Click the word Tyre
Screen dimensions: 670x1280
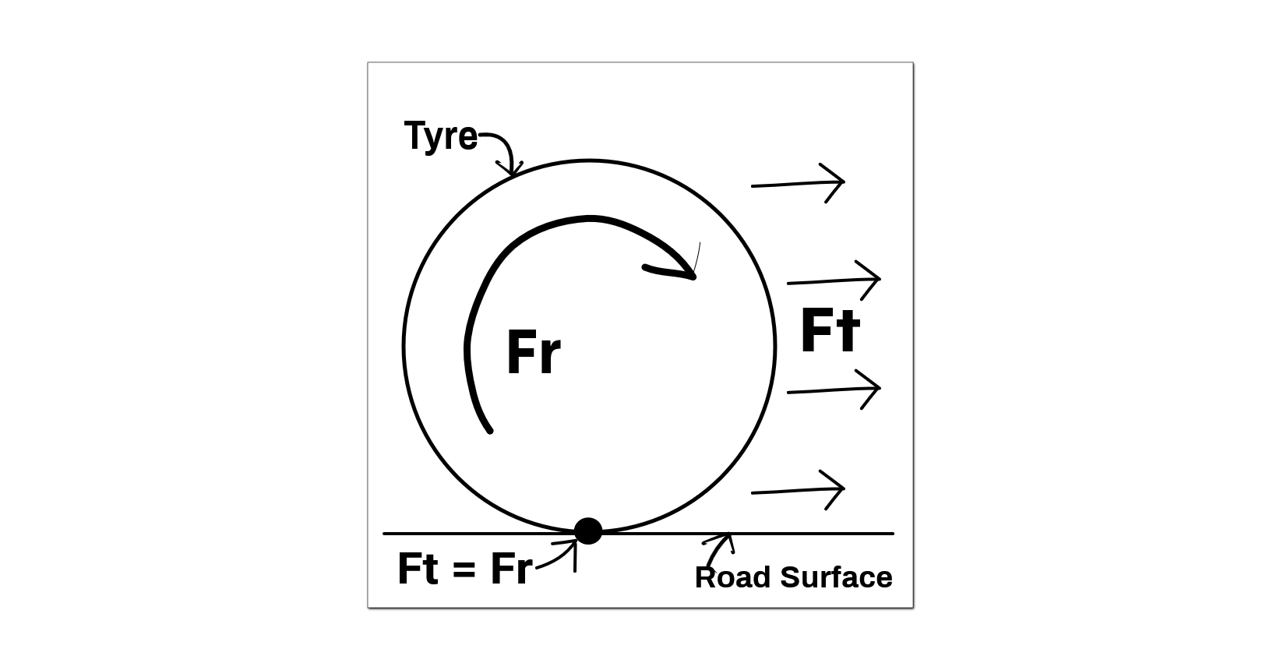click(x=440, y=136)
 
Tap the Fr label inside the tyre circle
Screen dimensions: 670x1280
click(x=533, y=354)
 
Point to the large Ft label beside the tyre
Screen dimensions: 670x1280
click(x=830, y=330)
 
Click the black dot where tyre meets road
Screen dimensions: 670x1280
click(x=588, y=531)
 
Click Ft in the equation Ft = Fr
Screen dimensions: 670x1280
click(x=418, y=569)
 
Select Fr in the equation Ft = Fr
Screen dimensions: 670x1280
click(x=511, y=569)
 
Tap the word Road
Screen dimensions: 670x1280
click(x=733, y=578)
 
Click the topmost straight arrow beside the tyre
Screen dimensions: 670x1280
click(x=798, y=183)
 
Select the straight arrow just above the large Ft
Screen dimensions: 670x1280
click(x=834, y=280)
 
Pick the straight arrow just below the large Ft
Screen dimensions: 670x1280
click(x=834, y=390)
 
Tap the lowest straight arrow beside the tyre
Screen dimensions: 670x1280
click(x=798, y=490)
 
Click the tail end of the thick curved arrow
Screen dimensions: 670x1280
click(x=489, y=429)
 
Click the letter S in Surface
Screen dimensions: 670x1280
click(x=789, y=578)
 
